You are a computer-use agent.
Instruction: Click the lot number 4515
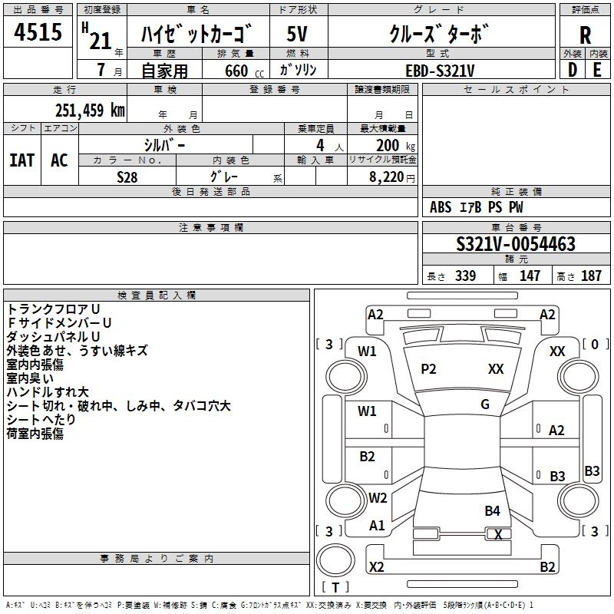[38, 32]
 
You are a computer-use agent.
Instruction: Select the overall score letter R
[585, 35]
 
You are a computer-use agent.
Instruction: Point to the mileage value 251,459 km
[90, 111]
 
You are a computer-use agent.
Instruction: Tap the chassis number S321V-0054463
[515, 244]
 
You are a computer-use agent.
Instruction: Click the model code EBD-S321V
[441, 70]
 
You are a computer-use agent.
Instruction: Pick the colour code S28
[127, 177]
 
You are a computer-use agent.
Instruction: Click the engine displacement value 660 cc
[236, 71]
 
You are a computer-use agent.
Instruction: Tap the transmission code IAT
[21, 160]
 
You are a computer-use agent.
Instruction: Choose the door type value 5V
[298, 35]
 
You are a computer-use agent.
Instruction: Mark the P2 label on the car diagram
[428, 369]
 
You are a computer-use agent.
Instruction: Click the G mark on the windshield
[485, 404]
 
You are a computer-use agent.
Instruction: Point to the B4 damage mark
[492, 510]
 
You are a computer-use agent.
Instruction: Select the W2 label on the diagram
[378, 498]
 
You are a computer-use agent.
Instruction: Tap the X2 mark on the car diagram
[376, 567]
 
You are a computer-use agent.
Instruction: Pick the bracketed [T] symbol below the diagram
[335, 587]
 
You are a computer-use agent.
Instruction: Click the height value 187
[591, 276]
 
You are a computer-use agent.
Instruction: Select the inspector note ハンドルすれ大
[48, 392]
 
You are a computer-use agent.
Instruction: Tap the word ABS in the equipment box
[441, 207]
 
